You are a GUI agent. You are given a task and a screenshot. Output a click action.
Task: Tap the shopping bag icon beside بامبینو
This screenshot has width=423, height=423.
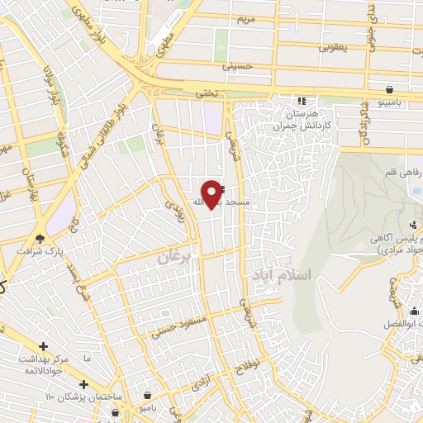[x=388, y=88]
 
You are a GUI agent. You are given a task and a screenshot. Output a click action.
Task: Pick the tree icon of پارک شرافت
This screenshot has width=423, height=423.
[x=40, y=239]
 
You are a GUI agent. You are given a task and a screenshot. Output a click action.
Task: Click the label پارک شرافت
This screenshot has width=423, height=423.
[x=41, y=250]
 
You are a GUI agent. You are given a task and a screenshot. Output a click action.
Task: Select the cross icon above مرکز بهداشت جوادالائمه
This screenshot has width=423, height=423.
[x=43, y=347]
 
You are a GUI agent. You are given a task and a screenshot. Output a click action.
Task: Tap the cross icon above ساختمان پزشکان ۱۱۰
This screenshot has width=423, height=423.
[x=83, y=385]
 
